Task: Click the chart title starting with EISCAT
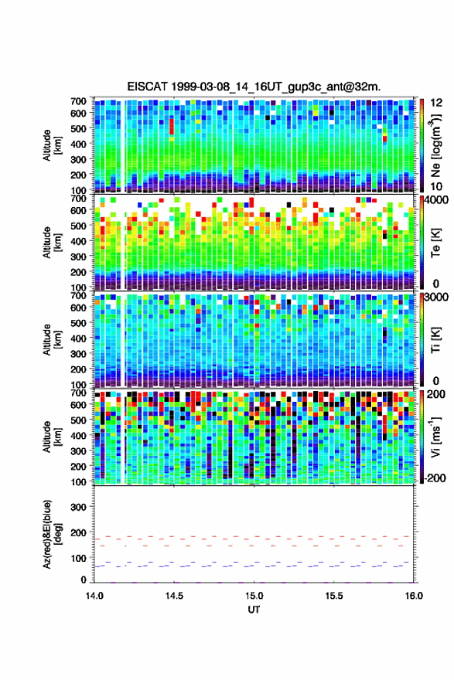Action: click(254, 87)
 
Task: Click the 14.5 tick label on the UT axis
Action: click(174, 596)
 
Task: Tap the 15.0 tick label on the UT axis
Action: click(254, 596)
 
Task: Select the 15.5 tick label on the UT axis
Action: click(334, 596)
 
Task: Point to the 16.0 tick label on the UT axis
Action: click(414, 596)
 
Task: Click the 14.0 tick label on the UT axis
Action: click(94, 596)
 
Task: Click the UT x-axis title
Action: click(254, 610)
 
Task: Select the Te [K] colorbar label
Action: click(435, 243)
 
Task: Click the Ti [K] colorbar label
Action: click(435, 340)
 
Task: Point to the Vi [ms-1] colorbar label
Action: click(435, 437)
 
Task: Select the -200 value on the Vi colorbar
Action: click(433, 478)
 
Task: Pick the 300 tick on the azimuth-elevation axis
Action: click(78, 507)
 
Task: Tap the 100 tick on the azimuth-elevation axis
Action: click(78, 558)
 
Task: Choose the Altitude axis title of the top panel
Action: click(52, 145)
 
